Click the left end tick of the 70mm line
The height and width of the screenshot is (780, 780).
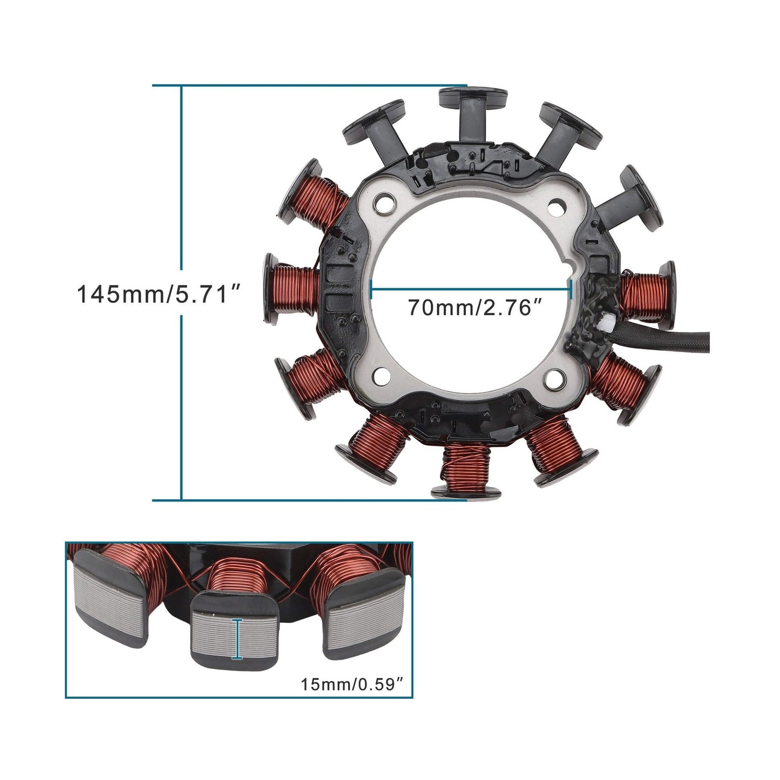(371, 289)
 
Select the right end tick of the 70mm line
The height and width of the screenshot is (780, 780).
(571, 289)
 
